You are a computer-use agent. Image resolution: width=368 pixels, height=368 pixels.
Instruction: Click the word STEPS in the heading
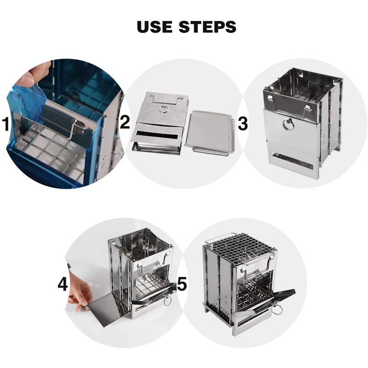tap(207, 27)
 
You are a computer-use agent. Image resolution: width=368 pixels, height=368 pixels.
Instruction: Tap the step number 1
tap(6, 124)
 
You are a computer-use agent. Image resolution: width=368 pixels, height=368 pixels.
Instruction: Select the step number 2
tap(125, 122)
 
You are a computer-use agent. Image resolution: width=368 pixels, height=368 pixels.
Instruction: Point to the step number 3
tap(243, 124)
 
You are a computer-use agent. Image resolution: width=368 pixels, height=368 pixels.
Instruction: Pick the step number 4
tap(63, 284)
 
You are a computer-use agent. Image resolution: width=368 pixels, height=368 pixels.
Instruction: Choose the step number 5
tap(182, 283)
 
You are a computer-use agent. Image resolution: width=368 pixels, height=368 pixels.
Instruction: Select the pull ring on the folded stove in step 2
tap(163, 109)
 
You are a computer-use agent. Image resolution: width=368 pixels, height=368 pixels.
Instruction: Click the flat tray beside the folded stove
tap(210, 132)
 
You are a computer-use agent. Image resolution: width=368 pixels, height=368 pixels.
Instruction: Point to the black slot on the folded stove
tap(157, 135)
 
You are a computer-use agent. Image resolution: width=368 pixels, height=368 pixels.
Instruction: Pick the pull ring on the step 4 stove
tap(167, 301)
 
